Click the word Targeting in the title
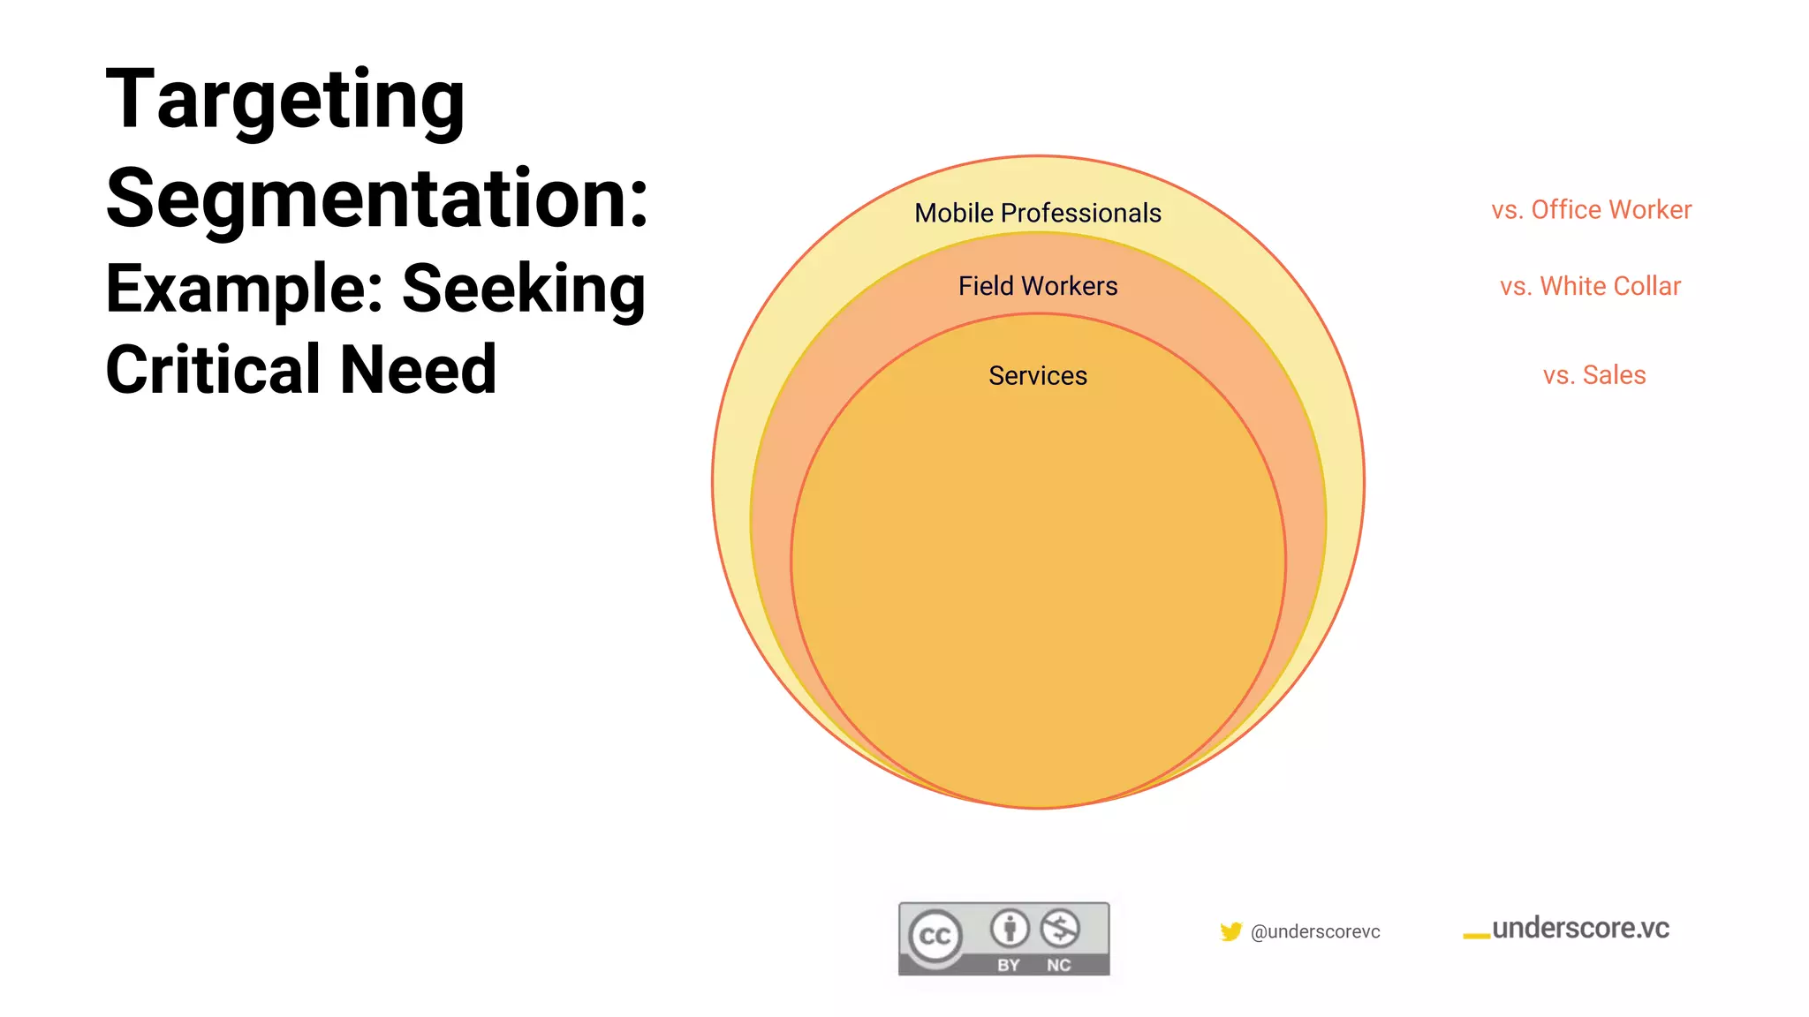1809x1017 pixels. click(x=284, y=101)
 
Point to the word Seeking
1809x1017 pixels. click(x=524, y=289)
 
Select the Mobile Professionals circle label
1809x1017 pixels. click(x=1038, y=213)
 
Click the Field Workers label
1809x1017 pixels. click(x=1038, y=286)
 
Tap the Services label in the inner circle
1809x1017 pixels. click(x=1038, y=375)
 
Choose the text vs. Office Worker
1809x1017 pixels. click(x=1592, y=210)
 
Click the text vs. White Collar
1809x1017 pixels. click(x=1590, y=286)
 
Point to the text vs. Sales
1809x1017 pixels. click(x=1594, y=375)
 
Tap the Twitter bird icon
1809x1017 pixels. click(x=1230, y=931)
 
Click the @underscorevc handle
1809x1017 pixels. click(x=1315, y=931)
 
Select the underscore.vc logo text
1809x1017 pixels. click(x=1580, y=928)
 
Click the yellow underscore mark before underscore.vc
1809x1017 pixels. click(x=1476, y=936)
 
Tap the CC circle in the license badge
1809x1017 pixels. click(x=935, y=936)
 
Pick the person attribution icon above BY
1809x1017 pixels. click(x=1010, y=928)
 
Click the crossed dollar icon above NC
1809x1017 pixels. click(x=1060, y=928)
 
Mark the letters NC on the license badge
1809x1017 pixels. click(x=1059, y=965)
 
